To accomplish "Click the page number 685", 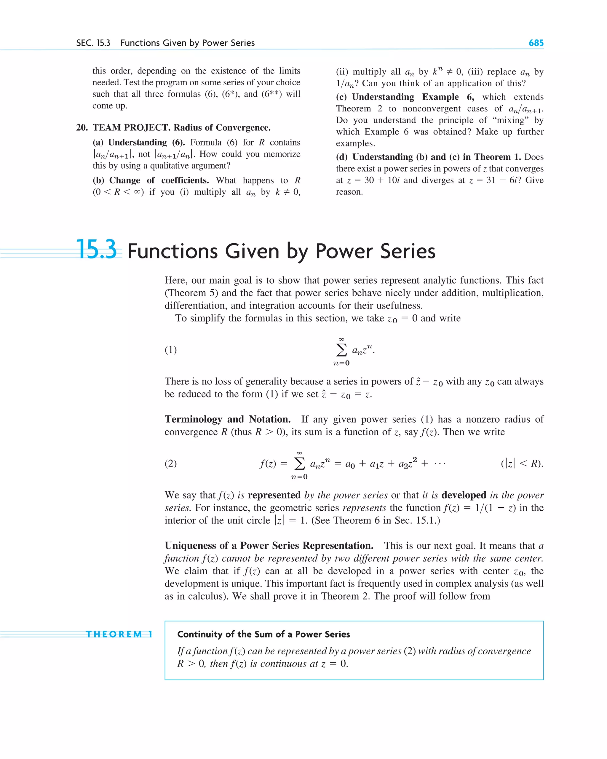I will (536, 43).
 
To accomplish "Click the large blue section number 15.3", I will (96, 250).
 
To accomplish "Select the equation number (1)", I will (171, 350).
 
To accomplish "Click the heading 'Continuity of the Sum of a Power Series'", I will (263, 635).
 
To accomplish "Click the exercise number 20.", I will (82, 127).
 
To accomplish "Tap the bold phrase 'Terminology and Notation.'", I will (227, 419).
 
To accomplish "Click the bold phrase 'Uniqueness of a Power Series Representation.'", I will (269, 545).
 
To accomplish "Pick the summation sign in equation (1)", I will (341, 350).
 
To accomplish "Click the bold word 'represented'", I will (274, 495).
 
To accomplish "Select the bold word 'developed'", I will (464, 495).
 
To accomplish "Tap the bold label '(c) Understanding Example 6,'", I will (405, 97).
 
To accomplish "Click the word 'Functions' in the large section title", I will (172, 251).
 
